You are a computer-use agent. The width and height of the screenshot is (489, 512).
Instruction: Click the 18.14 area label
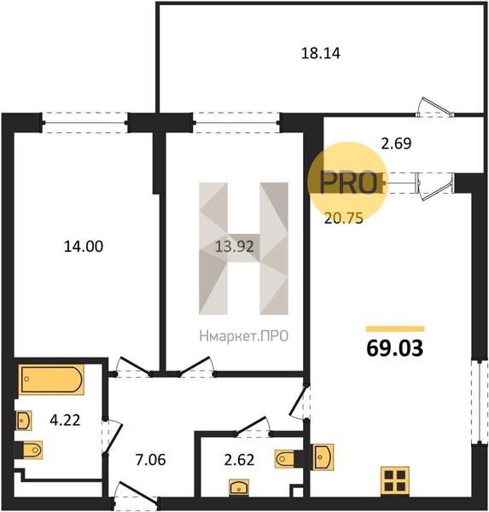coord(320,53)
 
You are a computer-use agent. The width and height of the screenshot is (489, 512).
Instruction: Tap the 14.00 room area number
coord(84,247)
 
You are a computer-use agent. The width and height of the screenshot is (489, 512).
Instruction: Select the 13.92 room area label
coord(234,247)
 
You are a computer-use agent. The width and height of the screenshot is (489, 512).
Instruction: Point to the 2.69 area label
coord(396,143)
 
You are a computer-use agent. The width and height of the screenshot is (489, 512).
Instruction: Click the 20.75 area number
coord(344,218)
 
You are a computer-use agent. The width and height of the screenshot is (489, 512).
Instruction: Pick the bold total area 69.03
coord(395,348)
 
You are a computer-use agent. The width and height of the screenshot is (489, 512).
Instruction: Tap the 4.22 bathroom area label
coord(65,420)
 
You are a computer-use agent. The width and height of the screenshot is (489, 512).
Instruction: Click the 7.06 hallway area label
coord(150,460)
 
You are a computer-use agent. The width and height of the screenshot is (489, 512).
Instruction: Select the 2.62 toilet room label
coord(239,460)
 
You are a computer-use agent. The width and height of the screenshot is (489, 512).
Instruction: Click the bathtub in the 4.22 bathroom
coord(51,380)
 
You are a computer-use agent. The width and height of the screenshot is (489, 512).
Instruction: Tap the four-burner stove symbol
coord(395,481)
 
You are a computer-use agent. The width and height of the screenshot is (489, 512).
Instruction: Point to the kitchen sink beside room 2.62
coord(323,457)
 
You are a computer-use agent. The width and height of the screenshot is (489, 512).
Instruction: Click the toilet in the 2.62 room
coord(285,459)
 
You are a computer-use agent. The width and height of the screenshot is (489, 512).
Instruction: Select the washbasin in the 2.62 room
coord(239,487)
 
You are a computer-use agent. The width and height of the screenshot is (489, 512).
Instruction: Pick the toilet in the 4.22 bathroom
coord(32,451)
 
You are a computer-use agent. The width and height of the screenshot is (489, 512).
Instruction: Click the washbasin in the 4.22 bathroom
coord(24,421)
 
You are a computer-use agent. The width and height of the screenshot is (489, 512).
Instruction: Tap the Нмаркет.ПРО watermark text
coord(244,336)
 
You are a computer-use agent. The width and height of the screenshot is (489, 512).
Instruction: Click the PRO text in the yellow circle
coord(348,182)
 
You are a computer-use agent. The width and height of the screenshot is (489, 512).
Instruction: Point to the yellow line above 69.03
coord(395,329)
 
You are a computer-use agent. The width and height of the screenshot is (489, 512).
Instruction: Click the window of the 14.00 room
coord(84,123)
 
